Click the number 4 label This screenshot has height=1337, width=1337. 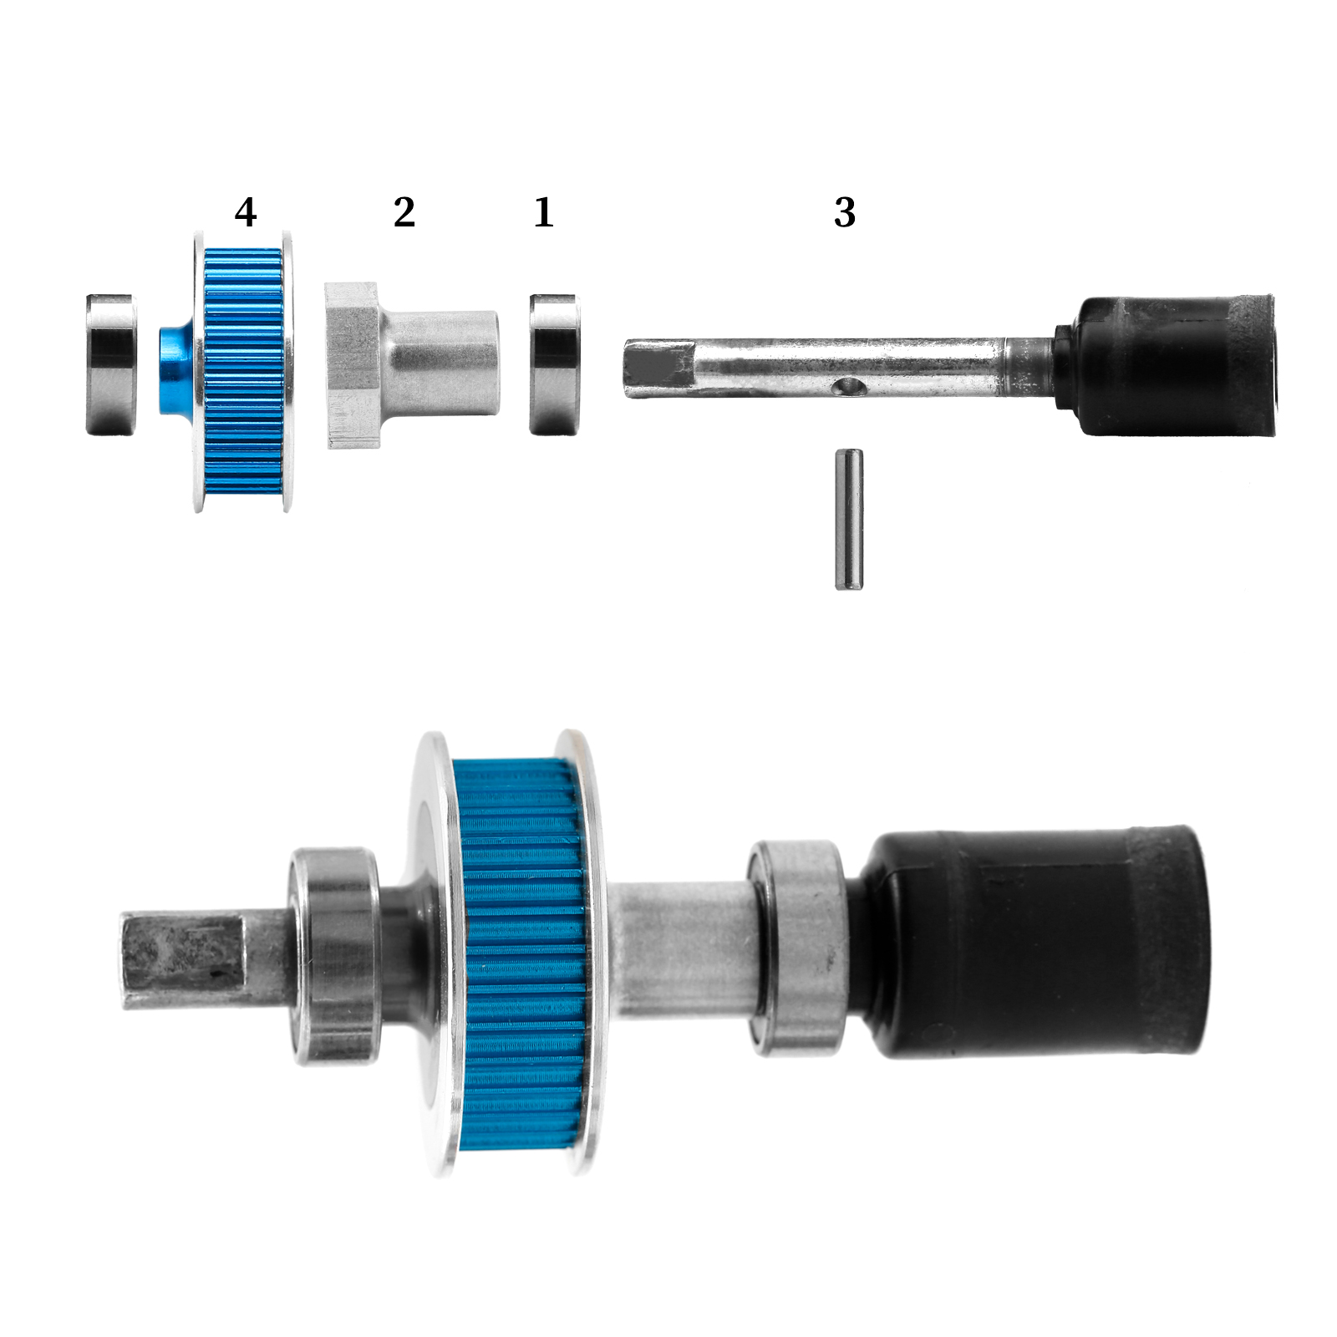(245, 212)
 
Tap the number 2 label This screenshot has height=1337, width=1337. (404, 212)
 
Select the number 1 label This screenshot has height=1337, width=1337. (544, 212)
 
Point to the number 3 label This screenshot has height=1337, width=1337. (845, 212)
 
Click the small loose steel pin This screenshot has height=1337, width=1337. (849, 519)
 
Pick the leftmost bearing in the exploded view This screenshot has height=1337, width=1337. (111, 364)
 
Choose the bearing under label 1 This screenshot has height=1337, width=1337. (554, 363)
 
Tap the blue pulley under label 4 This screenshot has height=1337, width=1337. (243, 372)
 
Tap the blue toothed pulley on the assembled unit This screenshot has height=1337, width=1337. (522, 953)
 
